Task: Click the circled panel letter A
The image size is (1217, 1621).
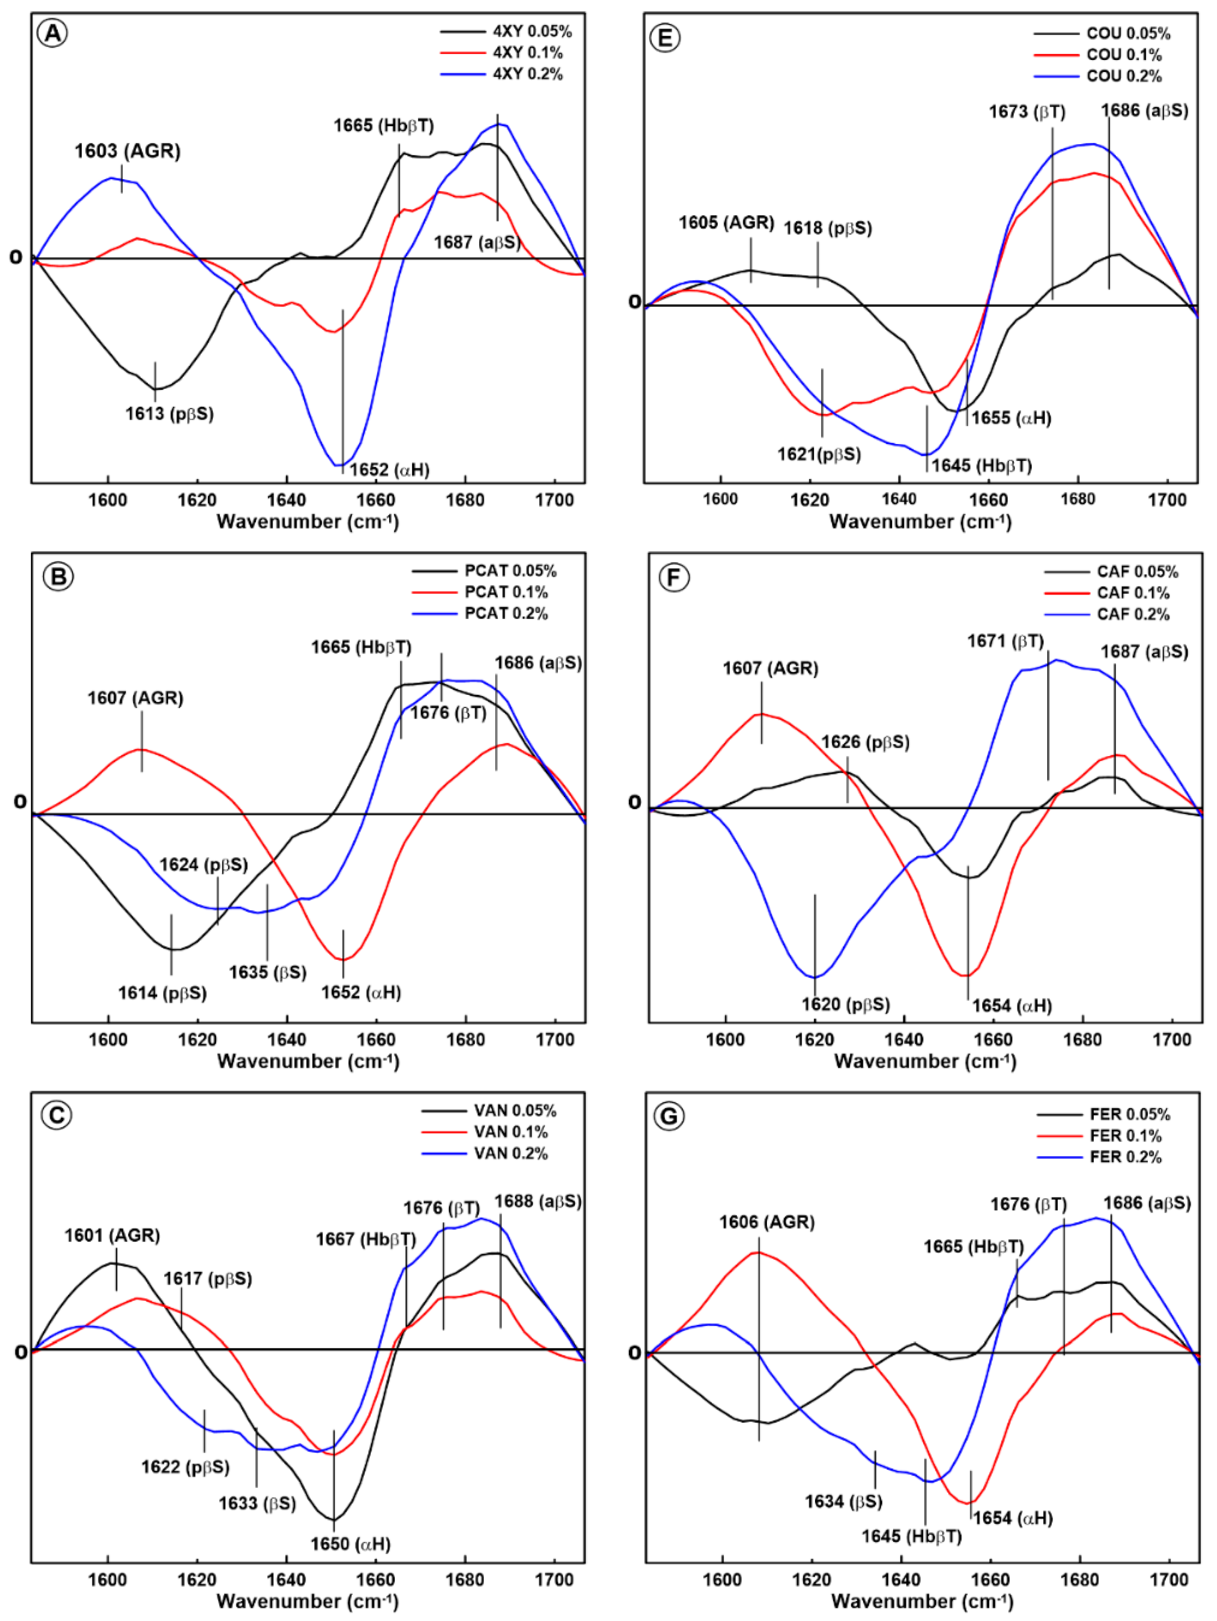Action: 53,34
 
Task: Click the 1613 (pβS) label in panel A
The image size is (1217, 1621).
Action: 169,414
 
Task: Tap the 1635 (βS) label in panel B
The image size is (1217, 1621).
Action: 267,973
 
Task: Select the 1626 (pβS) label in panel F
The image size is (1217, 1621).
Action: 864,743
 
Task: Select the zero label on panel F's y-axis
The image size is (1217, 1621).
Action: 635,803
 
